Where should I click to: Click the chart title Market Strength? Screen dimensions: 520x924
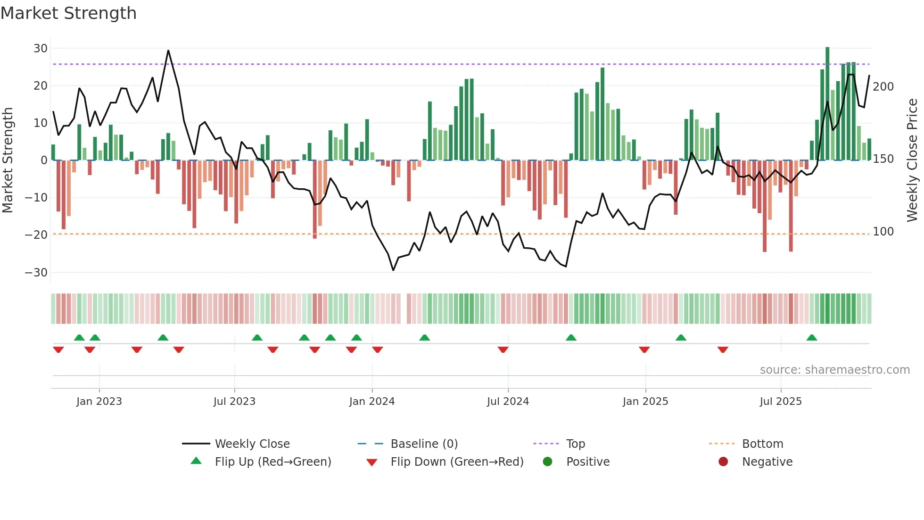tap(68, 13)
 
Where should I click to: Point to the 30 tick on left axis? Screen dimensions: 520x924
tap(41, 49)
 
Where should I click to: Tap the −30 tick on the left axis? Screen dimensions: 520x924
tap(36, 273)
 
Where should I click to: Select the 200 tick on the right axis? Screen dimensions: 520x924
tap(883, 87)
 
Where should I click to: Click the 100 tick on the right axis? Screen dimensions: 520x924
tap(883, 232)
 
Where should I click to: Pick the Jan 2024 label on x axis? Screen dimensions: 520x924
tap(371, 402)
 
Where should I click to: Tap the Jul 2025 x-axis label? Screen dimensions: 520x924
tap(780, 402)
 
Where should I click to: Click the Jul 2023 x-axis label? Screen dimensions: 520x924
tap(234, 402)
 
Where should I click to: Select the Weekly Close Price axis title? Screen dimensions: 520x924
tap(912, 160)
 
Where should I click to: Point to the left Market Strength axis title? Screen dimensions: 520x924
tap(8, 160)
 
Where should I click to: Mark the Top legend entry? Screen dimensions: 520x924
tap(575, 444)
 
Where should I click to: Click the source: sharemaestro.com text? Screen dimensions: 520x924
tap(834, 370)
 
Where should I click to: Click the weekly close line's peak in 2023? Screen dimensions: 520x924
tap(168, 50)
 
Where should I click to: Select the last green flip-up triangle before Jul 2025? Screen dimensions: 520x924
tap(681, 338)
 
